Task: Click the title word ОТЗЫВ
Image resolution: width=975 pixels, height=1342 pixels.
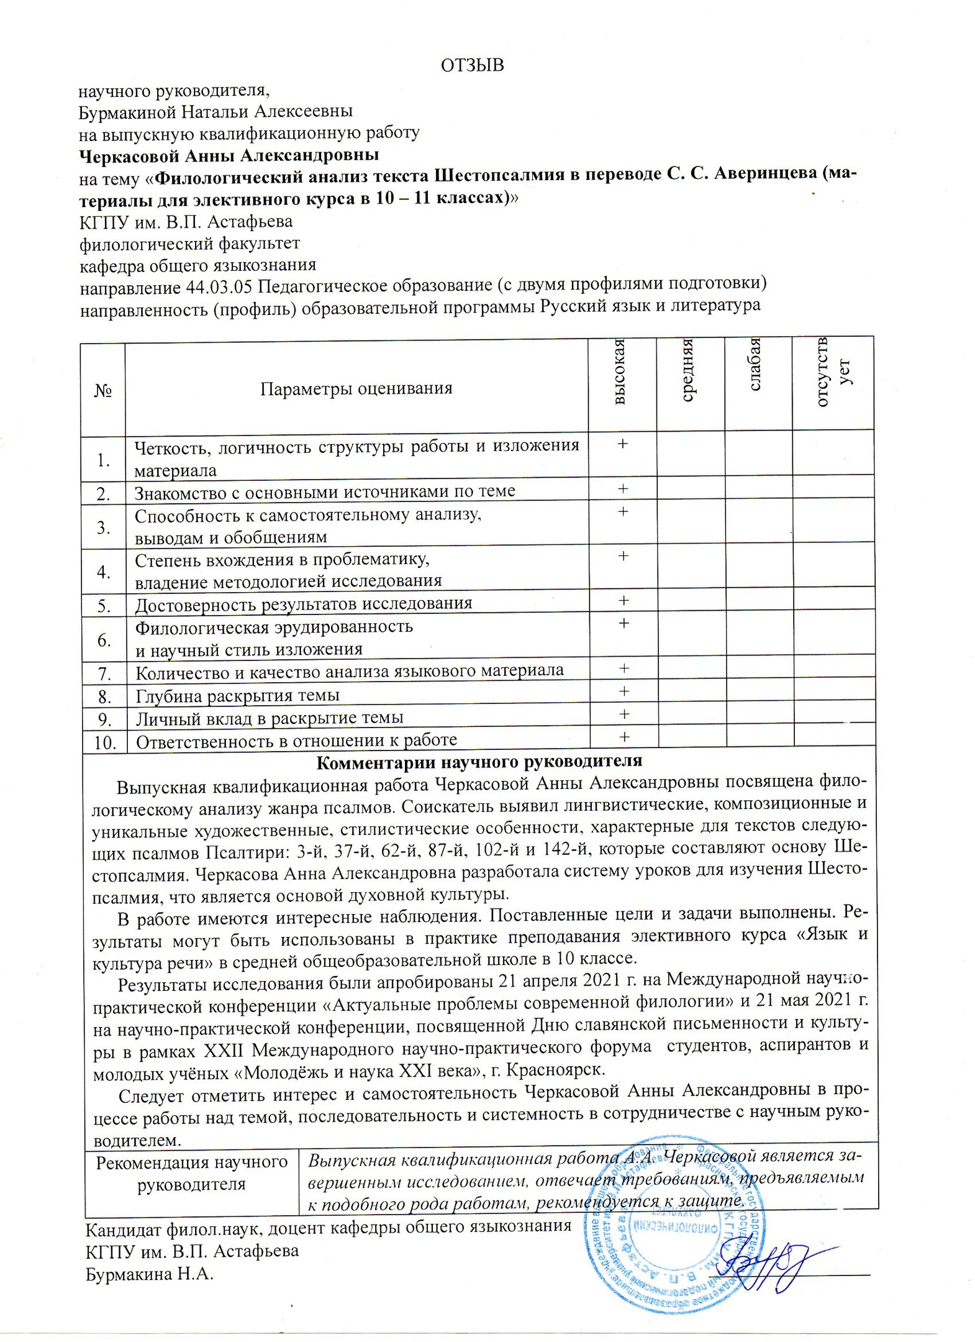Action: click(x=472, y=65)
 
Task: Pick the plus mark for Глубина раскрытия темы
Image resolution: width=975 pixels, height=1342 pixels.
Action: click(x=624, y=691)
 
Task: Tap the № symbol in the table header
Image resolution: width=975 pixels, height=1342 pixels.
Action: click(x=103, y=390)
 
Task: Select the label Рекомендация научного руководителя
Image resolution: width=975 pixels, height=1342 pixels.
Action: click(x=192, y=1173)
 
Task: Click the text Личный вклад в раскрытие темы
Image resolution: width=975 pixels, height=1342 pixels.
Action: click(x=270, y=718)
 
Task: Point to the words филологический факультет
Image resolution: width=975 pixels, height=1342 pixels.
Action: click(x=190, y=244)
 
